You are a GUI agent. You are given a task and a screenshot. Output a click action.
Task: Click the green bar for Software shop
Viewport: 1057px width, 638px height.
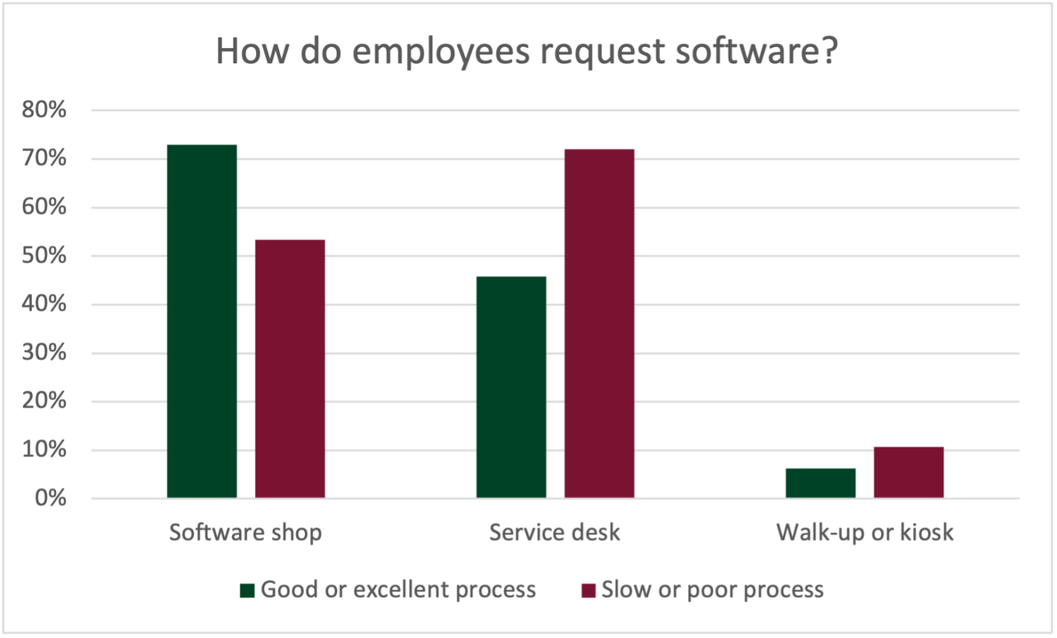(x=202, y=321)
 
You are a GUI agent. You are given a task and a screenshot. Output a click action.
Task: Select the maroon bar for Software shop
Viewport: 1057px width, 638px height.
(x=290, y=368)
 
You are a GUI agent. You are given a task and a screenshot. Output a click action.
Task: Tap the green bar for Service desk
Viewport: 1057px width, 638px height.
(x=511, y=387)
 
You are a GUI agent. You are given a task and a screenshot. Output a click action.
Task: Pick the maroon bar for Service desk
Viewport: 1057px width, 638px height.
(x=599, y=323)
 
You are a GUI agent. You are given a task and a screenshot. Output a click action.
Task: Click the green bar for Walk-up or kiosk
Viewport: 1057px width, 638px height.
(x=820, y=483)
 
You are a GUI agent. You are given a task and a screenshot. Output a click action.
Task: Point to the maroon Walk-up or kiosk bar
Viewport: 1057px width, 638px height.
(x=908, y=472)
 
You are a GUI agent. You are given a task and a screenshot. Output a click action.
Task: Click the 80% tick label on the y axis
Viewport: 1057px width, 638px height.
(x=45, y=110)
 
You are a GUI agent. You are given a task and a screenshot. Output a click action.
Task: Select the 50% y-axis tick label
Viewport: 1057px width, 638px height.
(x=45, y=256)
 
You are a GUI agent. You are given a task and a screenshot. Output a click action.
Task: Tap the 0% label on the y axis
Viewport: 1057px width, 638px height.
(x=50, y=498)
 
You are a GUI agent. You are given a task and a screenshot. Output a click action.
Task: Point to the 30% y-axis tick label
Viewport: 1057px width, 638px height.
(x=45, y=353)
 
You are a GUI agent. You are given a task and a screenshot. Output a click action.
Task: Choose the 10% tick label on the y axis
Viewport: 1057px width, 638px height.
(x=45, y=450)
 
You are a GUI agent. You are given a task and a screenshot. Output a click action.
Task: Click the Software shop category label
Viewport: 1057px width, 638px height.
(x=246, y=533)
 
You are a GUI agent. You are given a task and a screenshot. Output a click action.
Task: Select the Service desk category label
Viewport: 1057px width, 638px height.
(x=555, y=533)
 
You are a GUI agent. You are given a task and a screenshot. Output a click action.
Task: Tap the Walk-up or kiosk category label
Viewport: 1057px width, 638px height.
(x=865, y=533)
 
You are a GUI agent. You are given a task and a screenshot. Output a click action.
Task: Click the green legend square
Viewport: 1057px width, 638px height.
(x=247, y=591)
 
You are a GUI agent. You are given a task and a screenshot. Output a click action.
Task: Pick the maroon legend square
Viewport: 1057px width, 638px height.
(x=588, y=591)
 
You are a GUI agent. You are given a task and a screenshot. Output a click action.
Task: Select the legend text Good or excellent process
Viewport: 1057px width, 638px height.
(x=398, y=590)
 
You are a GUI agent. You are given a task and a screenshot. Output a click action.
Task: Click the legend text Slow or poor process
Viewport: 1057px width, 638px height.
(x=712, y=590)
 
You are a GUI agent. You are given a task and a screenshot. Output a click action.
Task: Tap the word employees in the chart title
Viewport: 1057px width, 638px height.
(x=442, y=52)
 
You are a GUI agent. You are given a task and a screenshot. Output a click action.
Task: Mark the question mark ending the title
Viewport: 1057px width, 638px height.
(x=830, y=51)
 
